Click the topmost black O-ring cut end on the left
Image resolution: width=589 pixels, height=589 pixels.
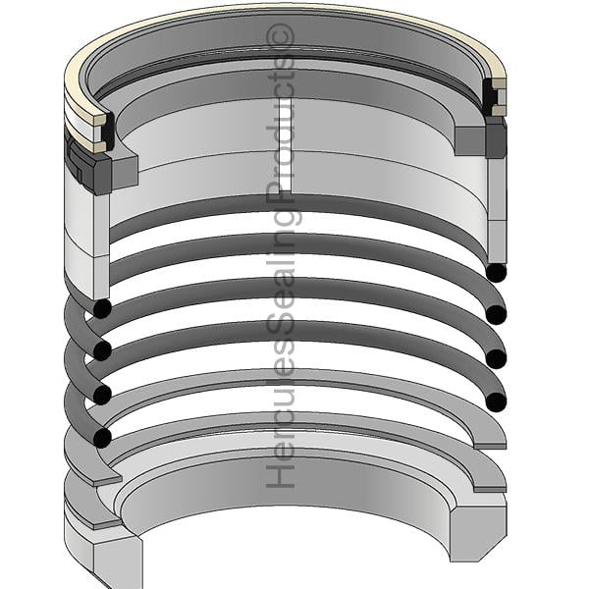coord(102,309)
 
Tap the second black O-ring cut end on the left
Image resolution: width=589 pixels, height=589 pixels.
coord(102,351)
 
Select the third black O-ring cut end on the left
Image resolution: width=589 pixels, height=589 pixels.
coord(102,395)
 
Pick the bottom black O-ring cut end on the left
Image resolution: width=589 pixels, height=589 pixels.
coord(102,438)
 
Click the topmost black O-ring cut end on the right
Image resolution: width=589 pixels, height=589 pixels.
coord(496,273)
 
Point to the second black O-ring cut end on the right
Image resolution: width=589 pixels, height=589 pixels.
coord(496,315)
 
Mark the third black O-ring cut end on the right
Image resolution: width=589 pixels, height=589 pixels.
coord(496,359)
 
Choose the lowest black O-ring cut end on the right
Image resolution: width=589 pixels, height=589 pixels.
coord(496,402)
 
